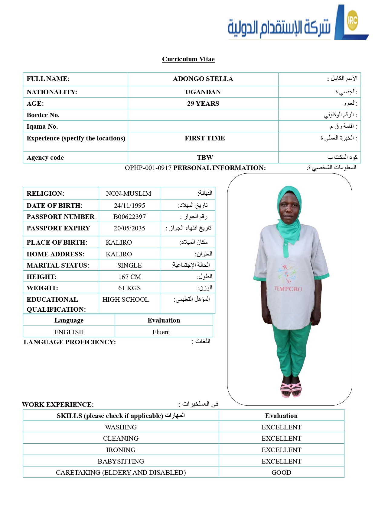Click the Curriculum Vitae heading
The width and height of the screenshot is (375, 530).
[x=188, y=59]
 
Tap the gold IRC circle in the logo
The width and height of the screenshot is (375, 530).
[x=352, y=20]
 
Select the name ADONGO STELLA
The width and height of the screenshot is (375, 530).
[x=203, y=79]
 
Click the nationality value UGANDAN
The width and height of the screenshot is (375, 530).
[x=203, y=92]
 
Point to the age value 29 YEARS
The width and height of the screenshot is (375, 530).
[x=203, y=104]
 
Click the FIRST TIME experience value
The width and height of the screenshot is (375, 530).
[x=205, y=138]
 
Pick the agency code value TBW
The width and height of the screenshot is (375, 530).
[x=205, y=158]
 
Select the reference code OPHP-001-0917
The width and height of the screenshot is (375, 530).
[x=148, y=168]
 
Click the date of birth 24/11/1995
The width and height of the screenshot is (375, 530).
[x=129, y=206]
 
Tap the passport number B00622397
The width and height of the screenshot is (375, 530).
[x=129, y=217]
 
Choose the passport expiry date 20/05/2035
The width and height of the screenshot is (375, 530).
[x=129, y=228]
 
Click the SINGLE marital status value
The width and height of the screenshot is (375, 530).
[x=129, y=265]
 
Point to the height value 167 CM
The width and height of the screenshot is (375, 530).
[x=129, y=277]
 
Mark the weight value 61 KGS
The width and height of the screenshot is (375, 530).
[x=129, y=288]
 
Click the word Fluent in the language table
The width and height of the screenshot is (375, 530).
[x=161, y=332]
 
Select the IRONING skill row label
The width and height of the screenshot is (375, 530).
[x=121, y=450]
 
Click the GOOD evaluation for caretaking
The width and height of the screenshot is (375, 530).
[x=281, y=473]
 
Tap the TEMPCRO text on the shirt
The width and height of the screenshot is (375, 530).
[x=288, y=289]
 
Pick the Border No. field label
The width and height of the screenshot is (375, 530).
[x=43, y=115]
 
